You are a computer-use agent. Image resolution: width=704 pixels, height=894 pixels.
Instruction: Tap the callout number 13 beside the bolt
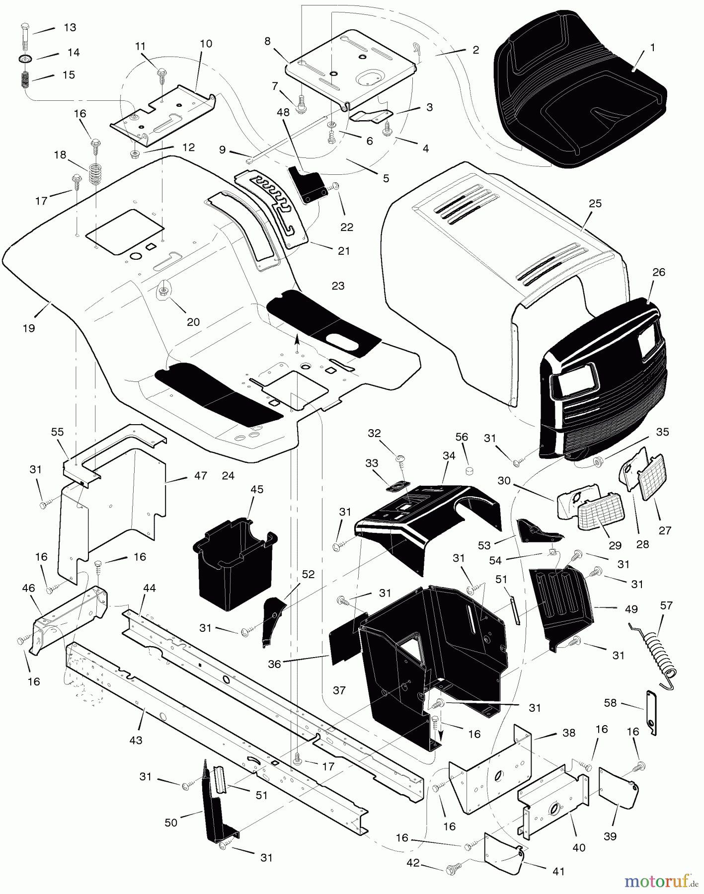click(x=70, y=27)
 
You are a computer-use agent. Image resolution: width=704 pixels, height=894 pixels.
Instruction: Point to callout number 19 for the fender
click(x=29, y=328)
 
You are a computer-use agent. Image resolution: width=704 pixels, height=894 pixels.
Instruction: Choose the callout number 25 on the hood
click(x=595, y=203)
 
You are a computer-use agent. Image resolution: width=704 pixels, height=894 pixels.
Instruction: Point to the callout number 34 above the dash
click(x=449, y=455)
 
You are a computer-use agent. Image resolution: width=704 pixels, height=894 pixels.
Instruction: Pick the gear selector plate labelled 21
click(x=278, y=209)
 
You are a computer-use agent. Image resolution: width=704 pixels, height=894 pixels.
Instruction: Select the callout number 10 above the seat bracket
click(x=206, y=44)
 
